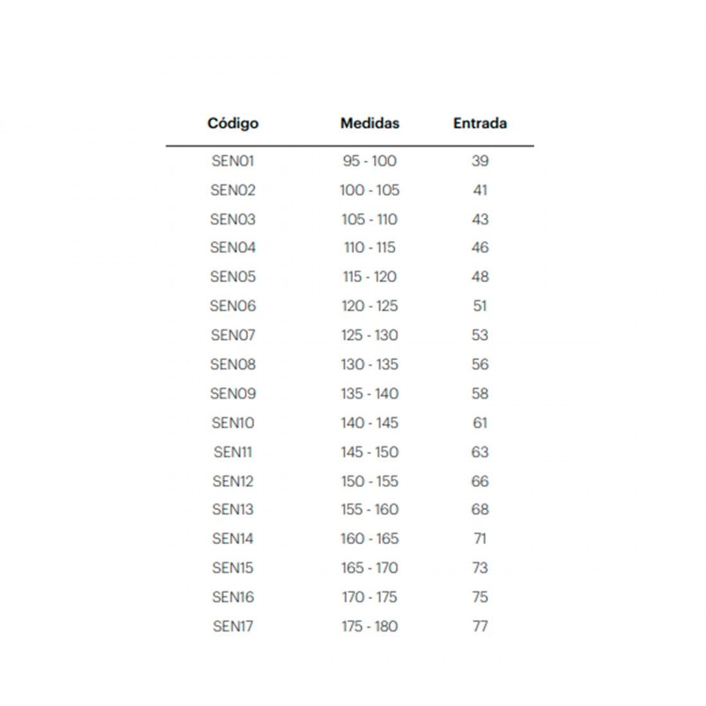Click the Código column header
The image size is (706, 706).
(x=233, y=123)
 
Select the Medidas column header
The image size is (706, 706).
(x=370, y=123)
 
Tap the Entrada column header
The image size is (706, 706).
(x=480, y=123)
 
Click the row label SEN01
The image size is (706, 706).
(x=233, y=161)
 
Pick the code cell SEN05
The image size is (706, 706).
(x=233, y=277)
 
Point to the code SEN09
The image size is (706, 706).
(x=233, y=393)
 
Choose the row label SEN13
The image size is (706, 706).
(x=233, y=510)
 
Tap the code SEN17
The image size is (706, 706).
(x=233, y=626)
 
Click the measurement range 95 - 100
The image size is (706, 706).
(x=370, y=161)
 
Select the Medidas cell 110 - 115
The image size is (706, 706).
(x=370, y=248)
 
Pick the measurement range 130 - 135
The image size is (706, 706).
(x=370, y=365)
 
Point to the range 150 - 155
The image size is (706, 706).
(x=370, y=481)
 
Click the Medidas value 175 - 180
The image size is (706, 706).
(x=370, y=626)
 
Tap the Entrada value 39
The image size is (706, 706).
(x=480, y=161)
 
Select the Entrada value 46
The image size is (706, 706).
(x=480, y=248)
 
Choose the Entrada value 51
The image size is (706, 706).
(x=480, y=306)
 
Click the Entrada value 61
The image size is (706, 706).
(x=480, y=423)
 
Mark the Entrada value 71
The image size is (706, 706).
(x=480, y=539)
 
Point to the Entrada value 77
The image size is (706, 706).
(x=480, y=626)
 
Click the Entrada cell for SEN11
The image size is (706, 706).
(x=480, y=452)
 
